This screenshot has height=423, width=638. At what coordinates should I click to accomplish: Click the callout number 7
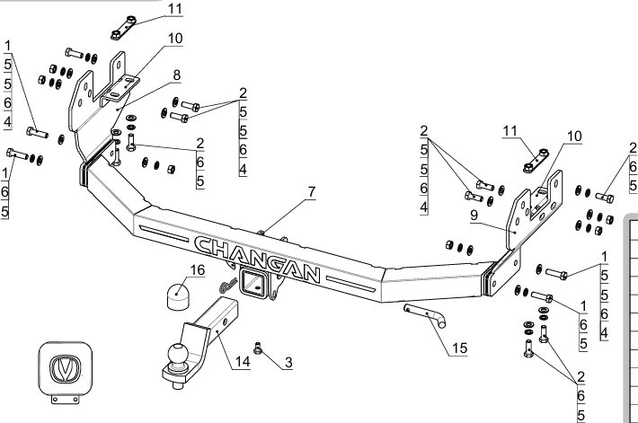click(312, 191)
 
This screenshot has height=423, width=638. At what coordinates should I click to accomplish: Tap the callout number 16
click(198, 270)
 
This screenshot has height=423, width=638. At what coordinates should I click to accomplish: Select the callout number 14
click(243, 362)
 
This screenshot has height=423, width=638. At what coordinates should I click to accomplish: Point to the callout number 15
click(459, 348)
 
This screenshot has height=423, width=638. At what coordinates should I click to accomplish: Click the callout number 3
click(288, 363)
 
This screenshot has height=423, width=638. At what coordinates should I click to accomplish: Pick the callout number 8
click(177, 75)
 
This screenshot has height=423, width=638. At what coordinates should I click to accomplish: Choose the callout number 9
click(474, 216)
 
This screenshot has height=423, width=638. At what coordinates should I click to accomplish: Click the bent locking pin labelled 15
click(425, 314)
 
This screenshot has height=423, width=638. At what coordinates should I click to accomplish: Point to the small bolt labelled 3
click(257, 348)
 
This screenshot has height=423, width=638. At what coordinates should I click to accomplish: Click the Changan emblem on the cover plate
click(65, 369)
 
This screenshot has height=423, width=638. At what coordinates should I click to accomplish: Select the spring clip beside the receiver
click(228, 285)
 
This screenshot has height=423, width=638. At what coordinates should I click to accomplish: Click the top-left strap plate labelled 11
click(124, 28)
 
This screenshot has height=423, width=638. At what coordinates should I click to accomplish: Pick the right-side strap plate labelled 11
click(536, 161)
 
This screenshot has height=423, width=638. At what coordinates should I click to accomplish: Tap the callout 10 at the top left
click(175, 39)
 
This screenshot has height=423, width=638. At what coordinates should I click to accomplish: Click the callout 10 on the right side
click(574, 137)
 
